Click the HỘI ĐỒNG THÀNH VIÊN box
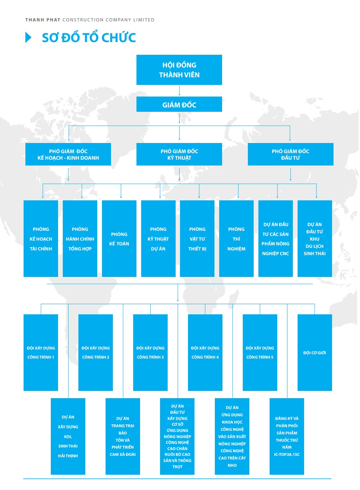[179, 70]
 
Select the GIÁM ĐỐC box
[179, 104]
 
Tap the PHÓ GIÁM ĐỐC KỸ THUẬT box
[179, 154]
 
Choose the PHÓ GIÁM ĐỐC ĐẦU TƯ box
[290, 154]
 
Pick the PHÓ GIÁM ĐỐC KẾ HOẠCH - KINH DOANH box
[68, 154]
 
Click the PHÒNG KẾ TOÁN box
[119, 239]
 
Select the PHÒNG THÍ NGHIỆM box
[236, 239]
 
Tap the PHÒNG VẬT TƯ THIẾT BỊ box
[197, 239]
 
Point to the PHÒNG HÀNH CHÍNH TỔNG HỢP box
[80, 239]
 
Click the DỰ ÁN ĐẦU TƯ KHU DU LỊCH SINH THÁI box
[315, 239]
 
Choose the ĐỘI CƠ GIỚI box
[315, 353]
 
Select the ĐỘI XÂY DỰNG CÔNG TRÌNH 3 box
[150, 353]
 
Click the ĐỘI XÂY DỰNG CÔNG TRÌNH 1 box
[41, 353]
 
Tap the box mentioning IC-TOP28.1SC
[287, 436]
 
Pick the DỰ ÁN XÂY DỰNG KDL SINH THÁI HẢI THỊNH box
[68, 436]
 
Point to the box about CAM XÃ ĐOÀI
[123, 436]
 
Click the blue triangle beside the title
[28, 37]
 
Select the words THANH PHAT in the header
[43, 20]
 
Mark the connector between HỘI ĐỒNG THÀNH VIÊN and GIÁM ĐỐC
[179, 91]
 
